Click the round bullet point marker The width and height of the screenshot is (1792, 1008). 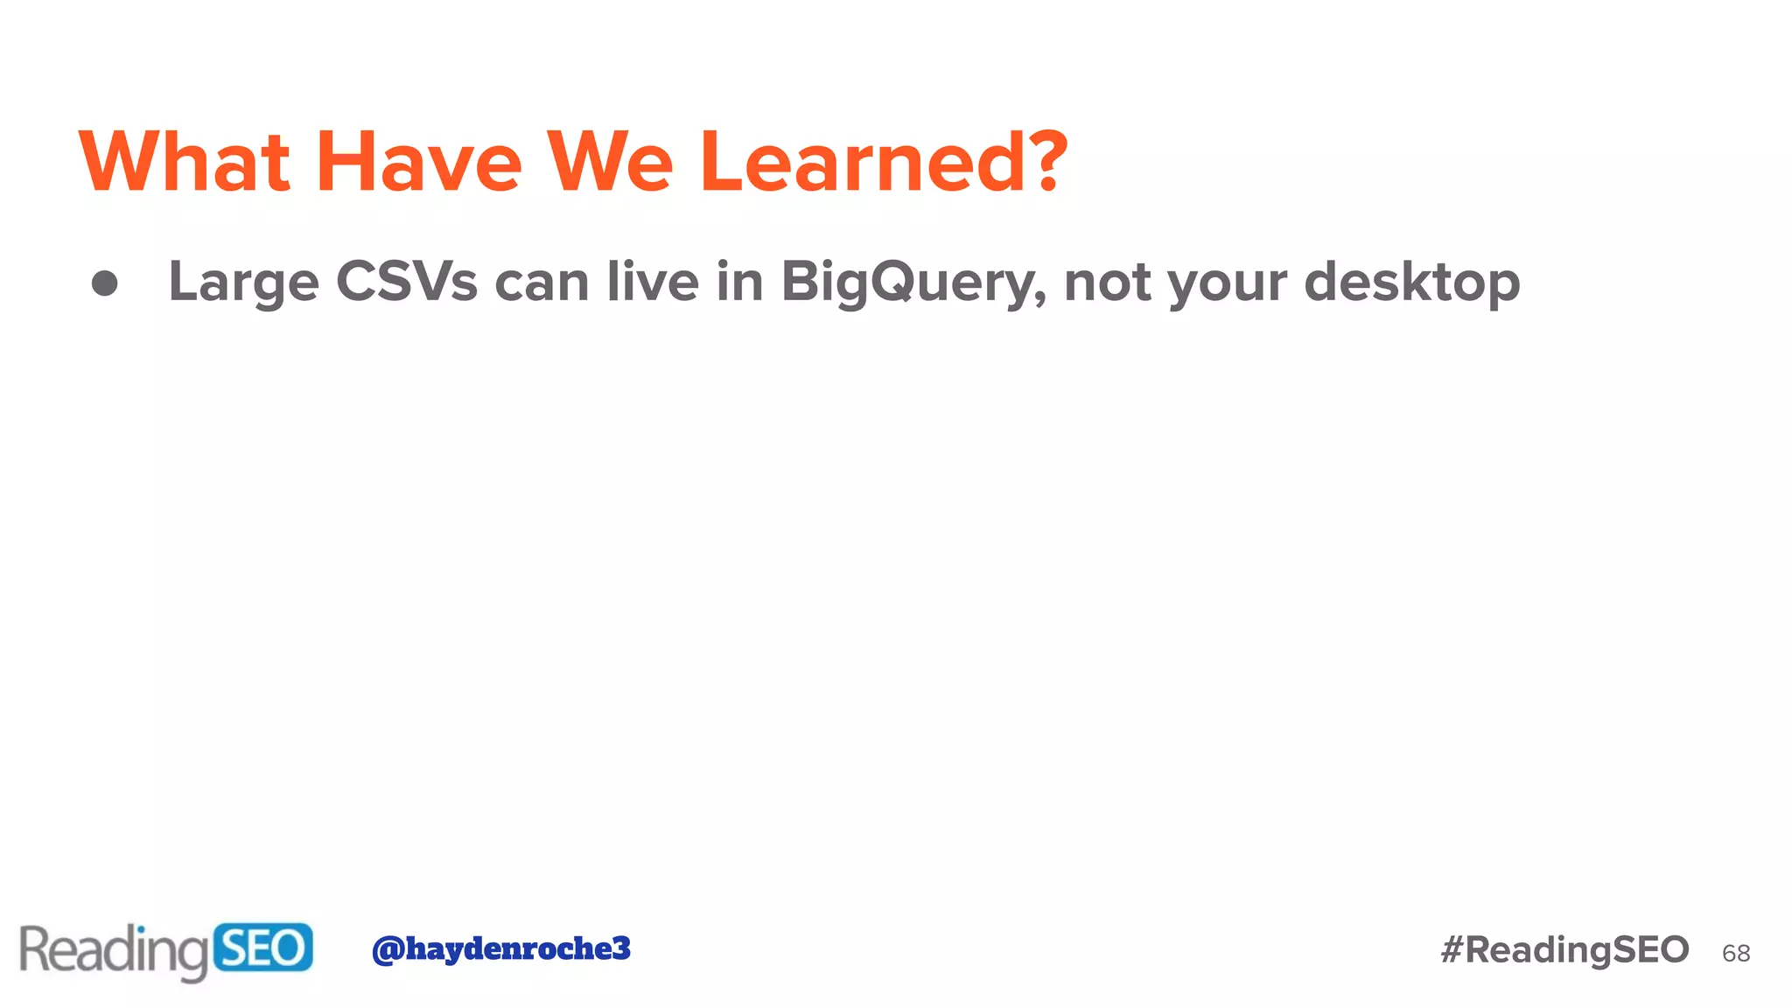point(105,283)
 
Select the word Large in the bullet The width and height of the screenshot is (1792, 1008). point(243,283)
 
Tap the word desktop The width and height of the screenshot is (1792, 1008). point(1411,283)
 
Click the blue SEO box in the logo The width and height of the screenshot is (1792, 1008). point(262,948)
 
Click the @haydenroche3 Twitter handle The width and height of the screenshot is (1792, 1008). point(500,948)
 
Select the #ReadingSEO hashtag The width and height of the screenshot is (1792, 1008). point(1564,949)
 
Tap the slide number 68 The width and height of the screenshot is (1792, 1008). point(1736,953)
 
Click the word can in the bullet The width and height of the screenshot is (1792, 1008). point(542,283)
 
